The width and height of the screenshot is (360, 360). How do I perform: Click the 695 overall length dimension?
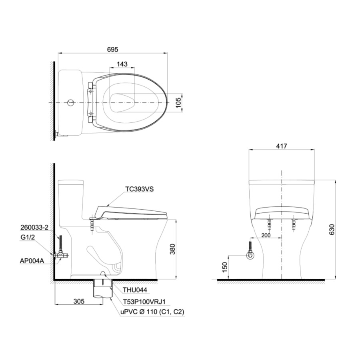[x=112, y=49]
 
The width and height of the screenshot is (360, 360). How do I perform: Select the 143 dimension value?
[x=122, y=64]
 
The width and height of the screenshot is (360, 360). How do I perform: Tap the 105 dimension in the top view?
[x=178, y=102]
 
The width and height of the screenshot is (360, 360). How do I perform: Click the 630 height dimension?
[x=332, y=230]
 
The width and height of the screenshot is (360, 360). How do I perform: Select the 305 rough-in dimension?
[x=79, y=301]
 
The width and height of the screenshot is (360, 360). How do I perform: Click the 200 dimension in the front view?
[x=266, y=235]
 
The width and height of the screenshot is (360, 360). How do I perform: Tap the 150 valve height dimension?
[x=224, y=268]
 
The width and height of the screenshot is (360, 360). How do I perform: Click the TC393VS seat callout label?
[x=139, y=189]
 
